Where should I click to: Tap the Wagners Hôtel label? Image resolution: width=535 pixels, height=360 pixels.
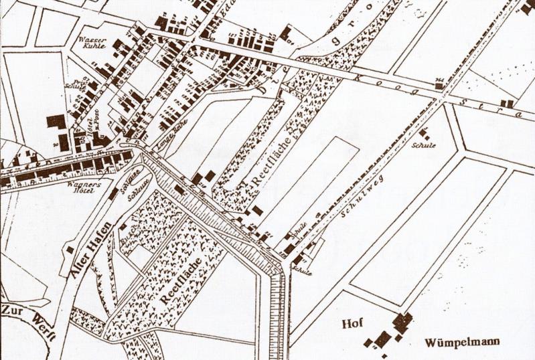click(84, 186)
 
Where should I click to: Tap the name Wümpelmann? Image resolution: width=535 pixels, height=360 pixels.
click(462, 343)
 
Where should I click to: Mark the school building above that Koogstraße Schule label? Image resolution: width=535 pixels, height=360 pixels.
click(423, 132)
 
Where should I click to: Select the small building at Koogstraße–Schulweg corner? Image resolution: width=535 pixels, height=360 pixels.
click(439, 85)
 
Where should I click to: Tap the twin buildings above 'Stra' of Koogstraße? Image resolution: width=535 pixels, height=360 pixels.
click(509, 104)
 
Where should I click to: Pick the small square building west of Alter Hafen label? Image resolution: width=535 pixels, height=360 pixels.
click(70, 250)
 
